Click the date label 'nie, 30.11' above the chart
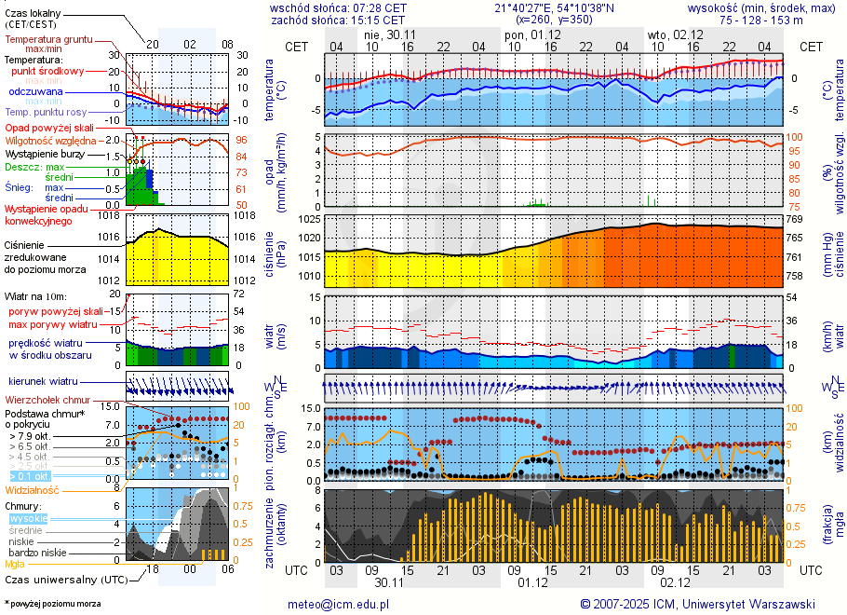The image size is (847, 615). (390, 34)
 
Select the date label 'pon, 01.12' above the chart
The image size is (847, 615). (526, 34)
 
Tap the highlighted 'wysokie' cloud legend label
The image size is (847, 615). (28, 518)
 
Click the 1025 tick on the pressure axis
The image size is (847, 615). (310, 219)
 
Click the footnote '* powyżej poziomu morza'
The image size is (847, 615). (52, 604)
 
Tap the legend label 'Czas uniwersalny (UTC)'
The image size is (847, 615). (64, 580)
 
